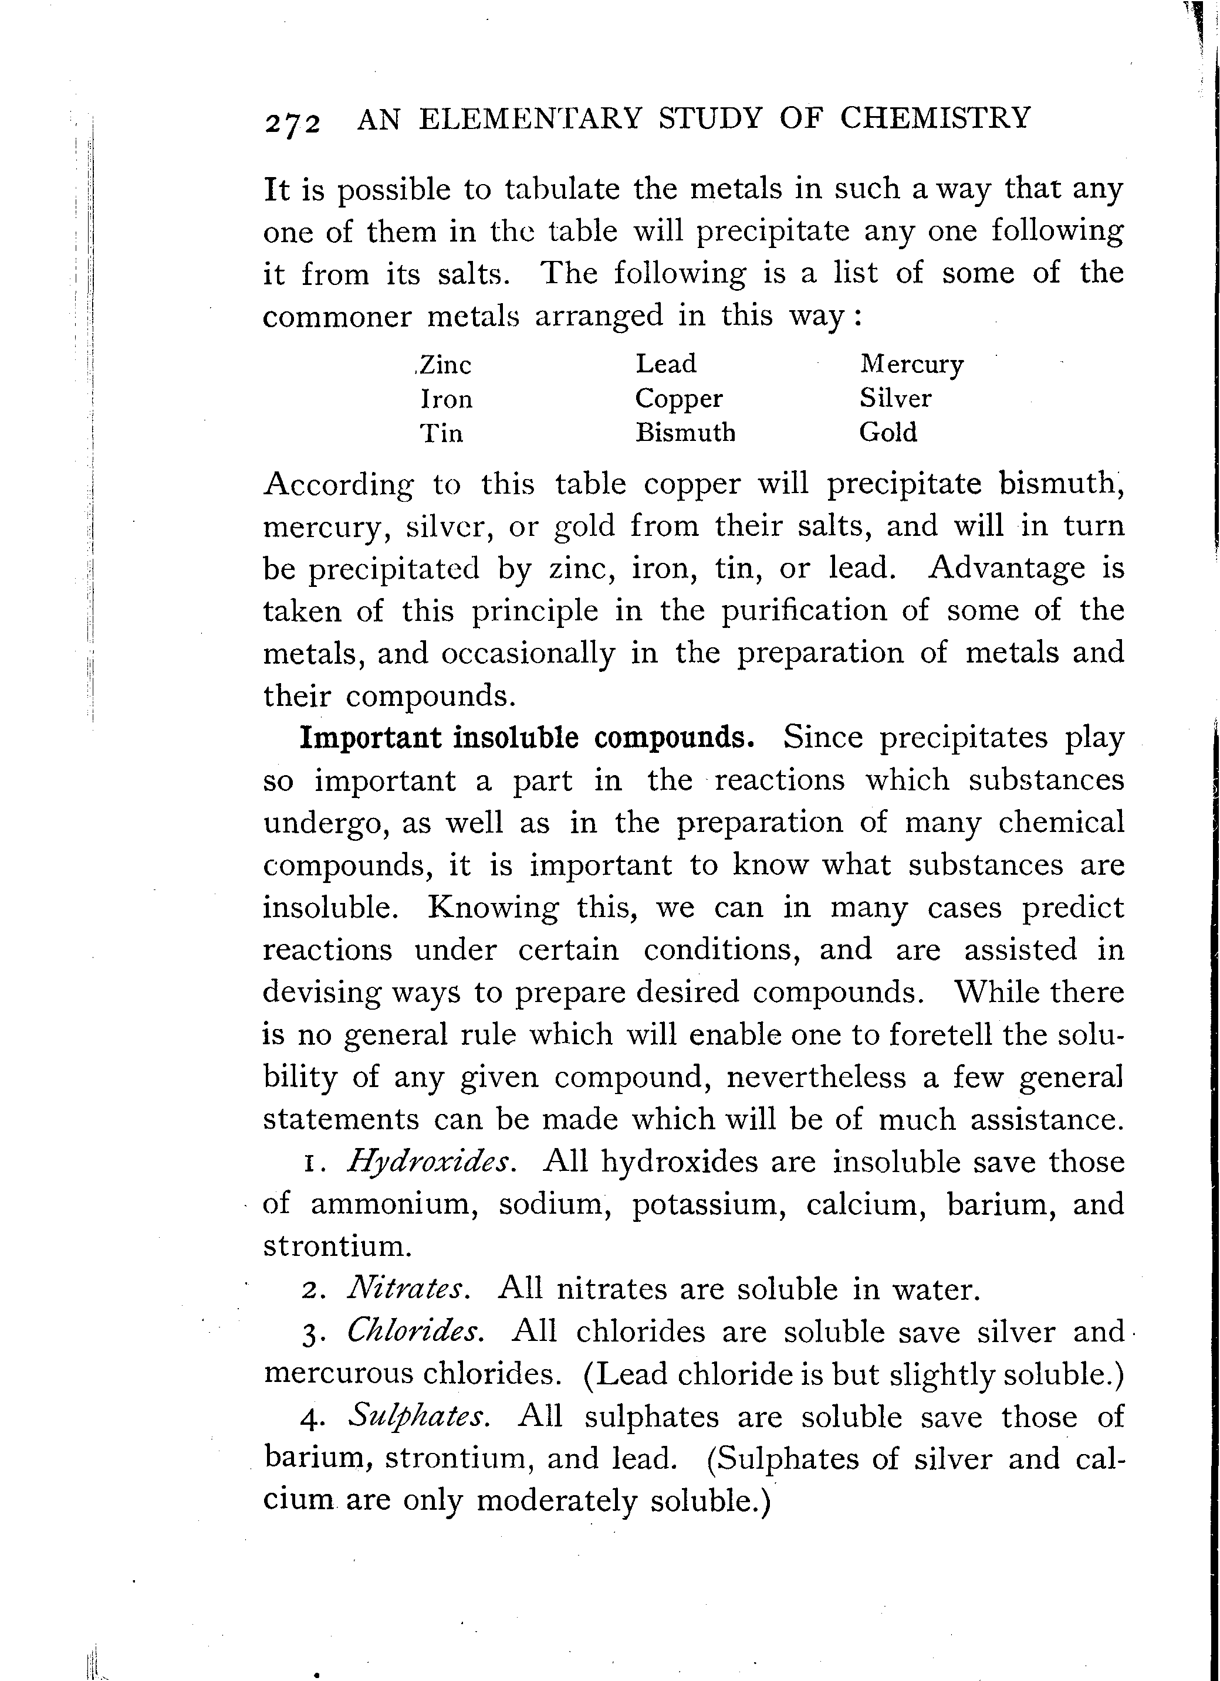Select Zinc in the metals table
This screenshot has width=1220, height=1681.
pos(445,365)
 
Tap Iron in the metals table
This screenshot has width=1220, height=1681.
pos(447,399)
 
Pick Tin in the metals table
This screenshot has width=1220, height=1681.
pos(441,433)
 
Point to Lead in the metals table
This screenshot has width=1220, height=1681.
pos(666,364)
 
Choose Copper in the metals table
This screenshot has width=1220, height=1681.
pos(678,399)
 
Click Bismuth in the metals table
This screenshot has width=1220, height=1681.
pos(685,433)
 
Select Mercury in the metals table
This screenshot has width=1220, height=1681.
pos(911,365)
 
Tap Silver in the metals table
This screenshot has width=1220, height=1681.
pos(895,399)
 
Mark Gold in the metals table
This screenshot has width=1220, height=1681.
pos(888,432)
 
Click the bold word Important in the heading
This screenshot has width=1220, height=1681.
pos(369,738)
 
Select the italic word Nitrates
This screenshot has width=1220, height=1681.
pos(407,1290)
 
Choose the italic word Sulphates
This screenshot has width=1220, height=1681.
pos(418,1417)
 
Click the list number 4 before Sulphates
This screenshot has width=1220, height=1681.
pos(311,1419)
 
